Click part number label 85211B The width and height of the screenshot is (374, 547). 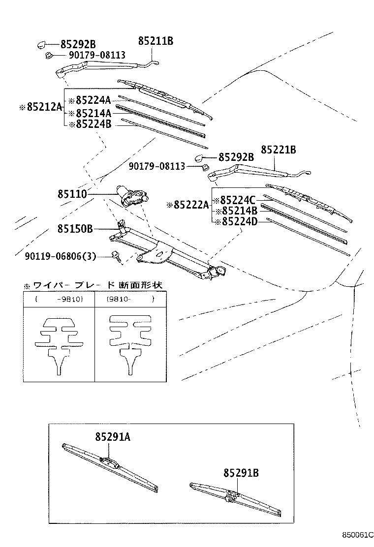tap(156, 41)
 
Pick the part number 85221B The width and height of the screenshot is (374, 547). tap(278, 150)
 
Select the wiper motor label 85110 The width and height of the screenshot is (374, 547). tap(72, 194)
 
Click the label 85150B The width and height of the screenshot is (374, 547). tap(75, 229)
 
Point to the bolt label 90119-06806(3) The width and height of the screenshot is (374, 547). tap(61, 256)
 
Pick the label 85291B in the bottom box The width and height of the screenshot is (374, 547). tap(241, 473)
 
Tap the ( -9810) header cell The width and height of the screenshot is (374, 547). tap(59, 299)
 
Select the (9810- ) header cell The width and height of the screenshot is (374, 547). tap(130, 299)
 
